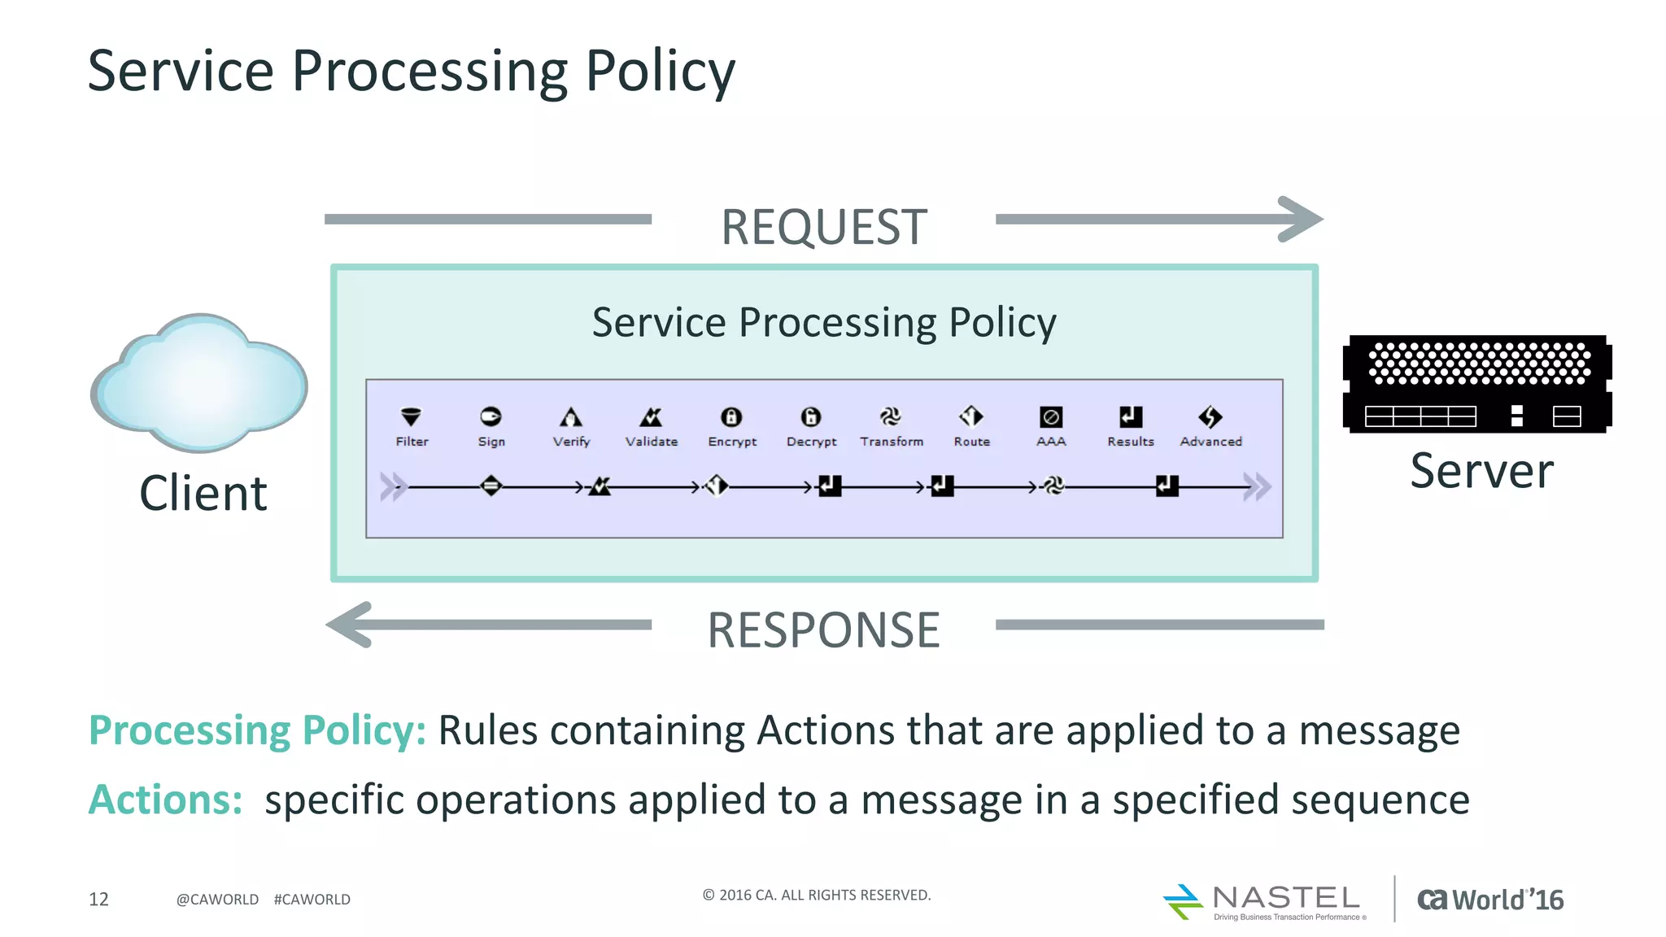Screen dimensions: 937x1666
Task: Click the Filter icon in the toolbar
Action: (x=412, y=417)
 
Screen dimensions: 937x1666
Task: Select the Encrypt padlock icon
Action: (x=731, y=417)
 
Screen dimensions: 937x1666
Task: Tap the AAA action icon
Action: (x=1051, y=417)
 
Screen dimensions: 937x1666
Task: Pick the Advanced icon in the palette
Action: (x=1210, y=417)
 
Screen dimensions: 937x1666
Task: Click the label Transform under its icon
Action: (x=892, y=442)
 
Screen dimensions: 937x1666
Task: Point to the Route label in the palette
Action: (x=971, y=442)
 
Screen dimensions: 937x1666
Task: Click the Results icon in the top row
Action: (x=1131, y=417)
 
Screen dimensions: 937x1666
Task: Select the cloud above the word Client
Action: (x=200, y=382)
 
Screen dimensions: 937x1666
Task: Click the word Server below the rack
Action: (x=1481, y=471)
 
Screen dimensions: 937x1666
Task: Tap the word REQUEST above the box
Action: (x=823, y=227)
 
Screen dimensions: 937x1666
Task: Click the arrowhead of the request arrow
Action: (x=1302, y=219)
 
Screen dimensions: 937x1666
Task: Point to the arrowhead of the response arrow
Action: (x=348, y=625)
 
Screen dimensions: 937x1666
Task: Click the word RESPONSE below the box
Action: (x=823, y=630)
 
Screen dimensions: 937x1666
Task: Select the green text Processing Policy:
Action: (x=257, y=730)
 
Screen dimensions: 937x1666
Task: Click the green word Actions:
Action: (x=165, y=800)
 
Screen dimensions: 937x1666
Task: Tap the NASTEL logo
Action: (x=1266, y=901)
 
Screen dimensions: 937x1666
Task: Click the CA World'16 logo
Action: (x=1490, y=900)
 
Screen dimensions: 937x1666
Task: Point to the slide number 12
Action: (x=98, y=899)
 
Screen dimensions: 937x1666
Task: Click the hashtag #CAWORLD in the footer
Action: (x=312, y=900)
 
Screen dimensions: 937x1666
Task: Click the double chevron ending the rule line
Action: (x=1257, y=487)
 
